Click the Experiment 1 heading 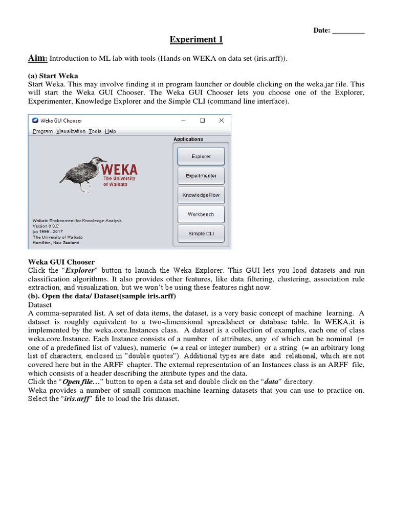[x=196, y=40]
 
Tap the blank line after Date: [x=348, y=31]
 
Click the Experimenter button [x=201, y=176]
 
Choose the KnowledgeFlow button [x=201, y=195]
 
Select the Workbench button [x=201, y=215]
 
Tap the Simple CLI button [x=201, y=233]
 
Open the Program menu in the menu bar [x=42, y=131]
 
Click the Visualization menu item [x=71, y=131]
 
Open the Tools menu [x=95, y=131]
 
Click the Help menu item [x=111, y=131]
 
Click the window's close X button [x=221, y=121]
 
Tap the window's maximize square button [x=202, y=121]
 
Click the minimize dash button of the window [x=183, y=121]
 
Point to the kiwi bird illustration [x=79, y=169]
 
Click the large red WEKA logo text [x=119, y=169]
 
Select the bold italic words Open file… [x=81, y=382]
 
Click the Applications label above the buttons [x=188, y=139]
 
